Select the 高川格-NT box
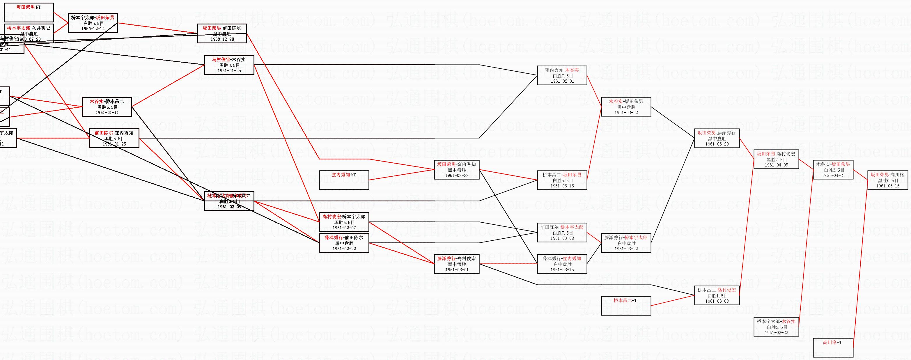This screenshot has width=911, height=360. [x=833, y=347]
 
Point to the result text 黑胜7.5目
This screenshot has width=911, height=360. [x=776, y=159]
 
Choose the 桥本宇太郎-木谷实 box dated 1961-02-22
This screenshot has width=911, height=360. [x=776, y=327]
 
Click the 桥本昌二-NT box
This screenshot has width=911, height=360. [x=626, y=306]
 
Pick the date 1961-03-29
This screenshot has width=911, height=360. [x=717, y=144]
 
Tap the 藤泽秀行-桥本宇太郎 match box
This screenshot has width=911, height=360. [x=626, y=243]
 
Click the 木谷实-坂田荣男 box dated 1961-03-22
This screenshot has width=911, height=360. [x=626, y=107]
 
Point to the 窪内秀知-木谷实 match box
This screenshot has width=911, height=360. [x=562, y=75]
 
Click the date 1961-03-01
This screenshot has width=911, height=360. [x=457, y=270]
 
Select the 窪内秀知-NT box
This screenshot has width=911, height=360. [x=344, y=180]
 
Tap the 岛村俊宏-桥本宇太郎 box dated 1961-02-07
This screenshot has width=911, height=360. [x=344, y=222]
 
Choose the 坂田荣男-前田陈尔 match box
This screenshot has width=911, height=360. [x=222, y=33]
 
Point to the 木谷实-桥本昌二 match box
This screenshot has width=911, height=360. [x=107, y=107]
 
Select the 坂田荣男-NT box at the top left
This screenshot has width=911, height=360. [x=29, y=12]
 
